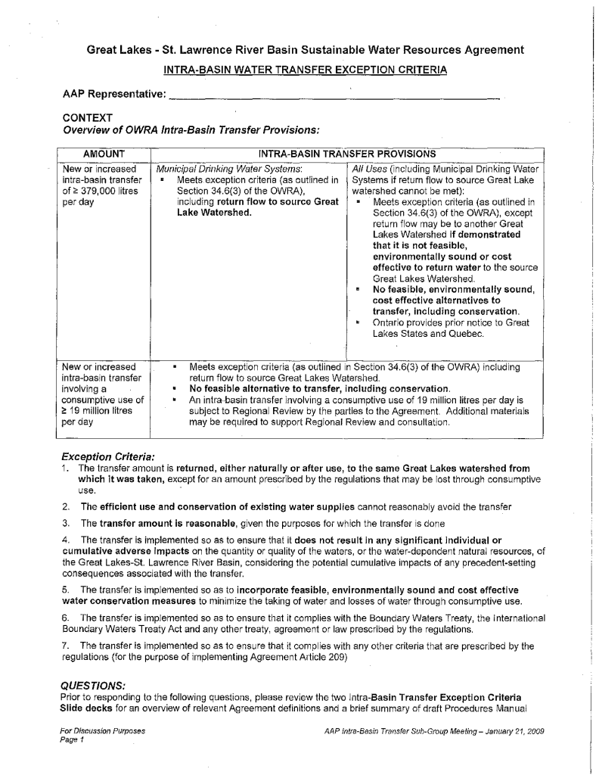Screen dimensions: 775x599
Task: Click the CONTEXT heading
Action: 88,117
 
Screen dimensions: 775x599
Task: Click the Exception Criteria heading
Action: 107,457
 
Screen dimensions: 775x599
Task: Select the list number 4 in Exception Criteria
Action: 67,540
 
